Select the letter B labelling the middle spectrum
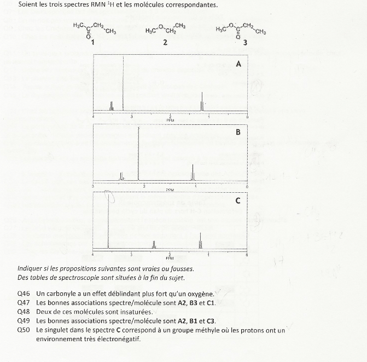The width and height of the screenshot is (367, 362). pos(238,133)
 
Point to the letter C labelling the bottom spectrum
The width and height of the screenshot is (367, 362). pos(238,201)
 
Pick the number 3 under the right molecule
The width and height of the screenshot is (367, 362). pos(246,43)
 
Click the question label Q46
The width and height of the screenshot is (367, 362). pos(24,295)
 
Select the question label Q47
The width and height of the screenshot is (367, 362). pos(24,303)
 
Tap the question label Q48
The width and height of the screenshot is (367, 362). pos(24,312)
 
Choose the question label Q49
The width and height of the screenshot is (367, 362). pos(24,320)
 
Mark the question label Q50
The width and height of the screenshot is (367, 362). pos(24,330)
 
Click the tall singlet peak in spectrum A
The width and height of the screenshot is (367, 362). pos(124,82)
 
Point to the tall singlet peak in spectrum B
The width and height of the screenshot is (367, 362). pos(138,153)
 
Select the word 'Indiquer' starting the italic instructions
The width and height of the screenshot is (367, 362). pos(31,269)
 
